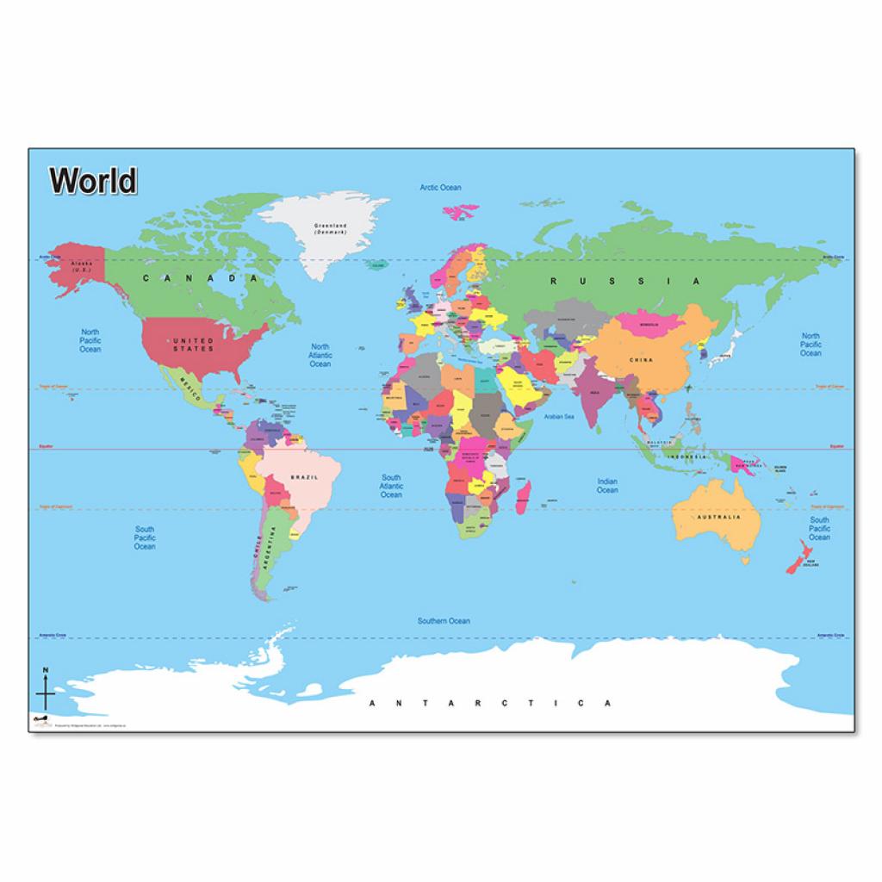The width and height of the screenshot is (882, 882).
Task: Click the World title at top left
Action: coord(93,181)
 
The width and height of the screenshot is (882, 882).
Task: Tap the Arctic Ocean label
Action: coord(440,188)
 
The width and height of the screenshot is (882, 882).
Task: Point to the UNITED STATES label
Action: coord(193,345)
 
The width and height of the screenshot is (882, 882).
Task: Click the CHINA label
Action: coord(641,360)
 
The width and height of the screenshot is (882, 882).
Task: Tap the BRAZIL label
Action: coord(305,476)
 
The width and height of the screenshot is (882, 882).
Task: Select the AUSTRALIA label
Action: coord(718,518)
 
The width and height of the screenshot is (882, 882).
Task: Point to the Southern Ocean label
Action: coord(444,620)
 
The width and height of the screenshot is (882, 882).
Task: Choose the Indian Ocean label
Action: coord(607,486)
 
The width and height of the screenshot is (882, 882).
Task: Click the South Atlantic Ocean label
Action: coord(391,486)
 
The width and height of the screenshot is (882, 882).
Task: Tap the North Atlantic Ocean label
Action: coord(320,355)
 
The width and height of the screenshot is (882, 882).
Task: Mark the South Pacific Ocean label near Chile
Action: coord(145,537)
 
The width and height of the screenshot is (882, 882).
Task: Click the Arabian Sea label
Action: coord(559,416)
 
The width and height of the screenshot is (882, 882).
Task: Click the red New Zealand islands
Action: coord(797,556)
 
